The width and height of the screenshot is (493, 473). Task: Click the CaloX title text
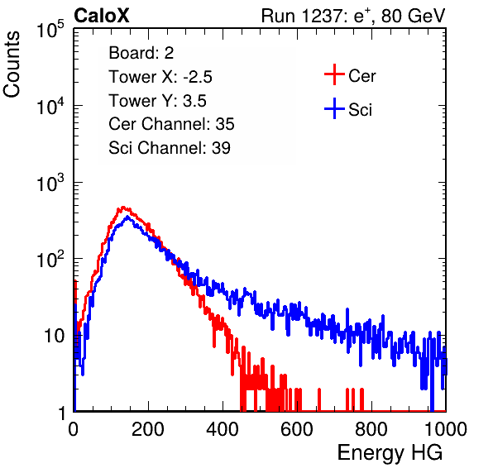coord(101,16)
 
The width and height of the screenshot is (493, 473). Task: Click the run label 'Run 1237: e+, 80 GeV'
coord(353,16)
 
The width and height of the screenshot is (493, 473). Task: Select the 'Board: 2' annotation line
coord(141,53)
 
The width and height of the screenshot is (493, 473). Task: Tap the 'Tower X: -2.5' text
coord(160,77)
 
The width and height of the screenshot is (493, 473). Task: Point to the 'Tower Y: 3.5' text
coord(157,101)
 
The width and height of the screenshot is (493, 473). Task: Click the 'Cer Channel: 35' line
coord(171,124)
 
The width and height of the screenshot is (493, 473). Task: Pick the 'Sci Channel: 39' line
coord(170,148)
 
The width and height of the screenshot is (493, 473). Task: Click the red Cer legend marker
coord(334,74)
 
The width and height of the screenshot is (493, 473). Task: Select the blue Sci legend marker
coord(334,109)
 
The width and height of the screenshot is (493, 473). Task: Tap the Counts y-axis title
coord(12,64)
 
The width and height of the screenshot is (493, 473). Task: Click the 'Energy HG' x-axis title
coord(390,453)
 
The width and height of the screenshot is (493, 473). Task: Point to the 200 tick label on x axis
coord(148,429)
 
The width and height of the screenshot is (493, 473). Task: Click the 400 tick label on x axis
coord(223,429)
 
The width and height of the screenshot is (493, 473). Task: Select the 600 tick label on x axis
coord(297,429)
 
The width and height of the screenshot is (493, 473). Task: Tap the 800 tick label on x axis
coord(371,429)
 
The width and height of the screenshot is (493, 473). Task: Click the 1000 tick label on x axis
coord(446,429)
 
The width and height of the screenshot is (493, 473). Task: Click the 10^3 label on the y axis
coord(50,184)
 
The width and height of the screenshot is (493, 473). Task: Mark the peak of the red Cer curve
coord(123,207)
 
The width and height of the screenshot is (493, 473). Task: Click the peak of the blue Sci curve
coord(127,216)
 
